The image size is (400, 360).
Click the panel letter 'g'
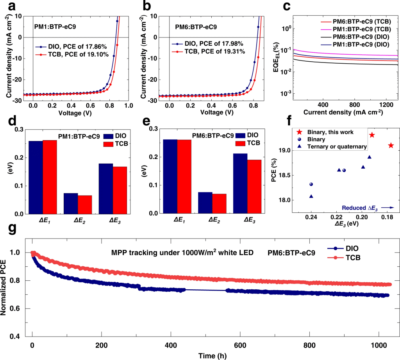pos(12,229)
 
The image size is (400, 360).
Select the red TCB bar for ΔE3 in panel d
pos(120,190)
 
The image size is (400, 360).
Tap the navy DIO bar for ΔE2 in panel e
pos(205,203)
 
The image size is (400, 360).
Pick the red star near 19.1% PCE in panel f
pos(391,146)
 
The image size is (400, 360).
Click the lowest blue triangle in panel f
pos(311,196)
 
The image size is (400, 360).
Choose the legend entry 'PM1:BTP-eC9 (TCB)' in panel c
pos(356,29)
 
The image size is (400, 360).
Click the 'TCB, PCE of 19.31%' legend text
pos(215,52)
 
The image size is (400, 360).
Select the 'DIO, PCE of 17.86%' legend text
pos(77,46)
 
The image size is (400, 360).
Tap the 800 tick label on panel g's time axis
pos(309,346)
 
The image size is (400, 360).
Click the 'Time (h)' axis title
pos(212,356)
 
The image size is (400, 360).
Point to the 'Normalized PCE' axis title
pos(3,288)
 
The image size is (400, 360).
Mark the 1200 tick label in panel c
pos(386,105)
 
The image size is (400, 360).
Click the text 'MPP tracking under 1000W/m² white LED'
pos(182,252)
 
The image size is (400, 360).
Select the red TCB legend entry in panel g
pos(344,258)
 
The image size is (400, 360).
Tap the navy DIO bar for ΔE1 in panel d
pos(36,177)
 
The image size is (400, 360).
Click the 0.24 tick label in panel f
pos(311,217)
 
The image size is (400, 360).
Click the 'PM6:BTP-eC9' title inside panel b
pos(196,27)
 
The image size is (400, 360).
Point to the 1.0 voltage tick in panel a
pos(129,105)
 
